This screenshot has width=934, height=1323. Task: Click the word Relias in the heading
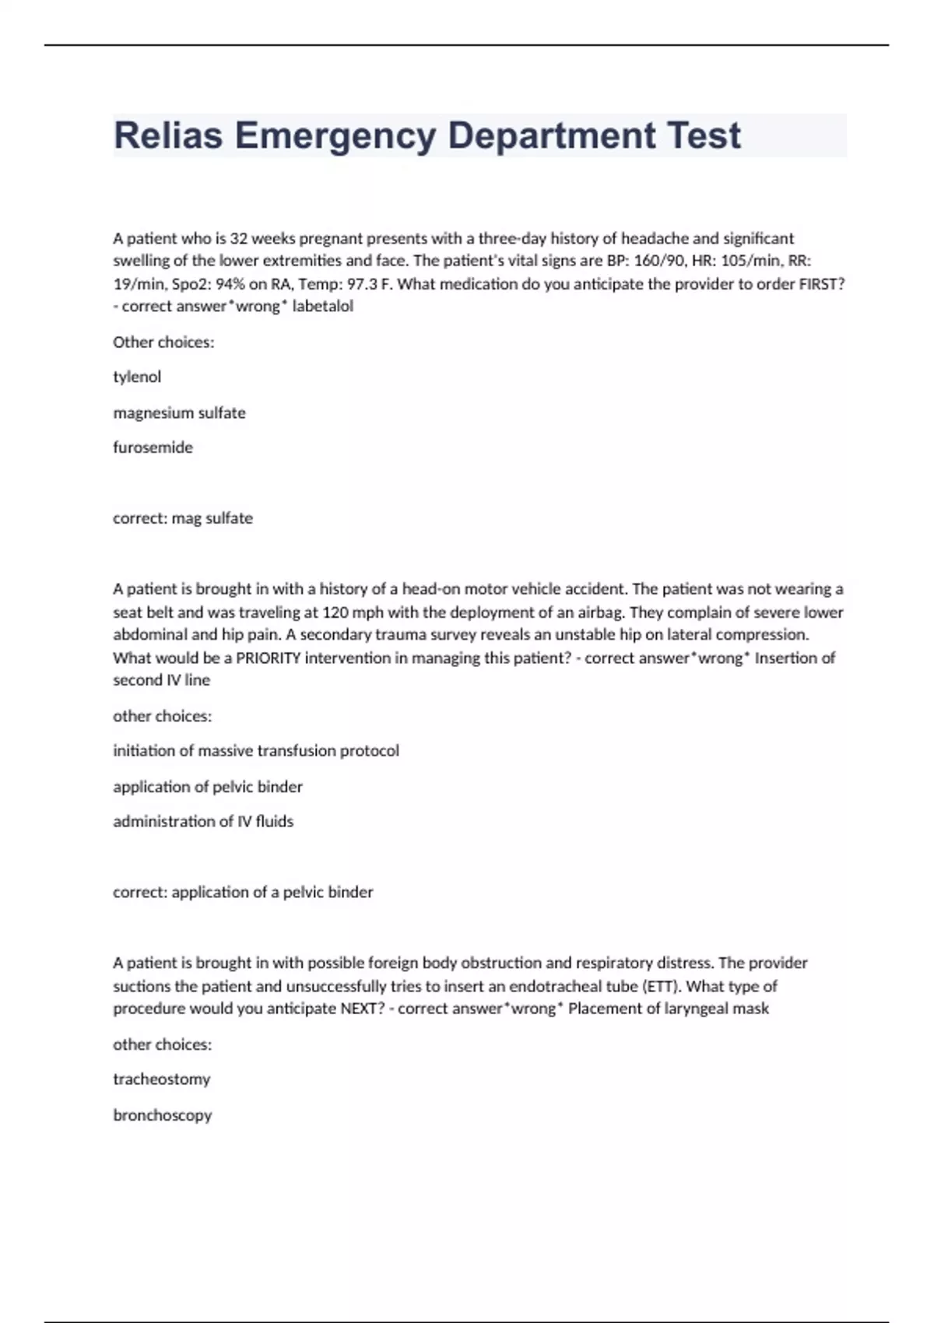pyautogui.click(x=168, y=135)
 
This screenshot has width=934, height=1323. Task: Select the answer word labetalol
pyautogui.click(x=322, y=306)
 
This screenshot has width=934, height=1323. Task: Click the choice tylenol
pyautogui.click(x=137, y=377)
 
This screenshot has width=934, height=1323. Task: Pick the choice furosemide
pyautogui.click(x=153, y=447)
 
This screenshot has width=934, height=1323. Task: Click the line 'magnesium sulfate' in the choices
pyautogui.click(x=179, y=412)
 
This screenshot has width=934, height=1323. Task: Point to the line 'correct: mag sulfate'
pyautogui.click(x=183, y=518)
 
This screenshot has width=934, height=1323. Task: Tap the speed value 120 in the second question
pyautogui.click(x=335, y=612)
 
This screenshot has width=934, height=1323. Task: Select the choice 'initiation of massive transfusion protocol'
pyautogui.click(x=256, y=751)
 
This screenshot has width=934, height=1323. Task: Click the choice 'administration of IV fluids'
pyautogui.click(x=203, y=821)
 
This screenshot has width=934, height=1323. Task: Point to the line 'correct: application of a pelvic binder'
pyautogui.click(x=243, y=892)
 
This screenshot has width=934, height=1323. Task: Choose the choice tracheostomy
pyautogui.click(x=162, y=1079)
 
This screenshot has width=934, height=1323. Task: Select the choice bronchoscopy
pyautogui.click(x=163, y=1115)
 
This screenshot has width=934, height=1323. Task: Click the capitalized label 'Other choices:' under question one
pyautogui.click(x=163, y=342)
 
